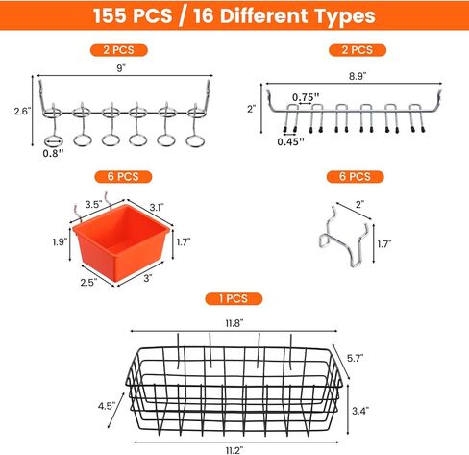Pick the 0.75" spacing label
307,96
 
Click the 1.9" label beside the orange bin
62,243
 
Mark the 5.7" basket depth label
355,357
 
